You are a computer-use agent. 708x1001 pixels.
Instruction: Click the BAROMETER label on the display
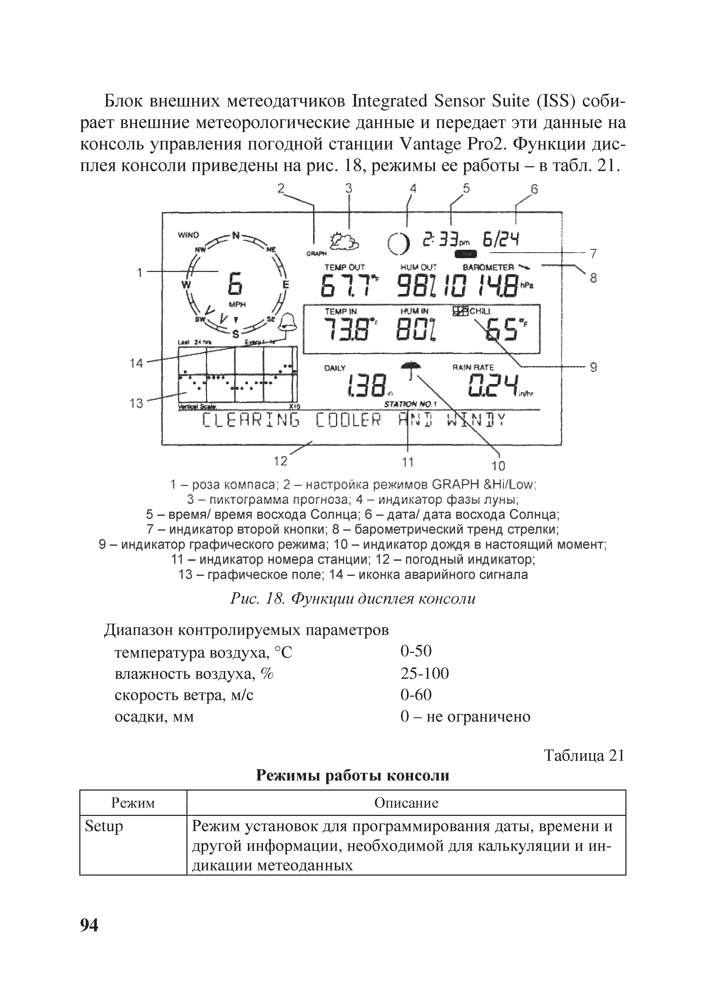[x=488, y=267]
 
